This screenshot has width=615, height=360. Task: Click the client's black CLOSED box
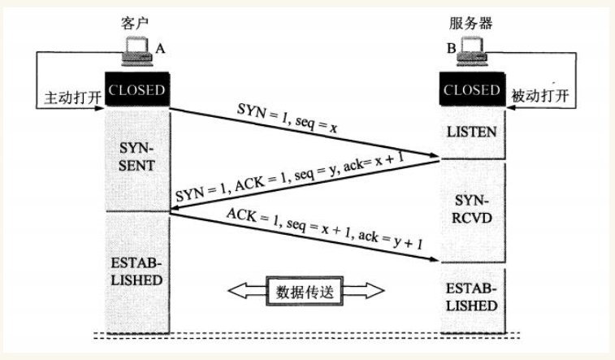(x=136, y=89)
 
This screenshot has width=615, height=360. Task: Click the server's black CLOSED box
(x=472, y=89)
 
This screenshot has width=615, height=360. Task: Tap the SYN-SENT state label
(x=136, y=157)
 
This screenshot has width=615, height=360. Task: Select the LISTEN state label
(x=471, y=132)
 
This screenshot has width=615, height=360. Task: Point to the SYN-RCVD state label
(x=472, y=209)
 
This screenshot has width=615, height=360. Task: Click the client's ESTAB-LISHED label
(x=136, y=271)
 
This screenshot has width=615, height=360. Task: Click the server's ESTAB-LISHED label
(x=471, y=297)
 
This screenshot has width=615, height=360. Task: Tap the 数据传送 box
(x=305, y=291)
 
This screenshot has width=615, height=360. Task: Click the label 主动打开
(x=73, y=98)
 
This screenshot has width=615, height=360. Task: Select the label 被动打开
(x=539, y=95)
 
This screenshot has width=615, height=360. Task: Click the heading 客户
(x=135, y=23)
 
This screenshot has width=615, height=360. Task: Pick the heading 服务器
(x=470, y=23)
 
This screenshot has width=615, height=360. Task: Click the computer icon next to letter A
(x=136, y=51)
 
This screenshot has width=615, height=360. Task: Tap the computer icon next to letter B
(x=472, y=50)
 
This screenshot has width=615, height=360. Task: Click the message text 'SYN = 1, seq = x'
(x=287, y=118)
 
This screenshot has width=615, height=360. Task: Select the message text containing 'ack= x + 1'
(x=289, y=177)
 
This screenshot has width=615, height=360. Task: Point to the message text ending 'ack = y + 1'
(x=325, y=229)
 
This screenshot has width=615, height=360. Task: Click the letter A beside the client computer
(x=160, y=49)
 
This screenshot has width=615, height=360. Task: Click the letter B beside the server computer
(x=452, y=48)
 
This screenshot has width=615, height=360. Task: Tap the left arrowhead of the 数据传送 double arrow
(x=236, y=291)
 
